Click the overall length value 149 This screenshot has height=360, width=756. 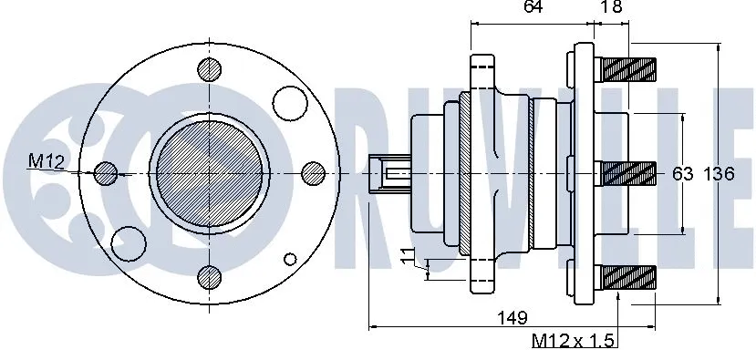[x=513, y=318]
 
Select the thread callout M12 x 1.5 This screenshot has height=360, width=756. [x=575, y=342]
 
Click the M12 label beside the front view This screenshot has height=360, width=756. [x=45, y=161]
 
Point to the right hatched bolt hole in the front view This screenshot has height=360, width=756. [x=314, y=172]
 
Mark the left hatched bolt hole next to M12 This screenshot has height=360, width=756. [x=106, y=172]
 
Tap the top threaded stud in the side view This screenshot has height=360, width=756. [x=629, y=67]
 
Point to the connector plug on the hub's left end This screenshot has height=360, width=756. [x=388, y=173]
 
